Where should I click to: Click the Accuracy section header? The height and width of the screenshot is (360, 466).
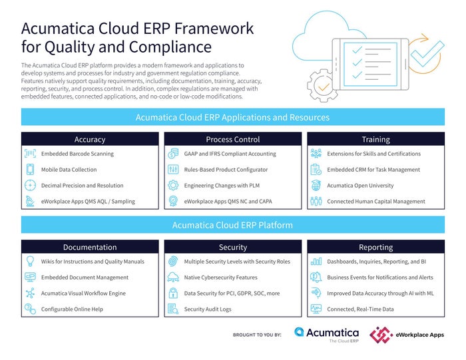click(90, 140)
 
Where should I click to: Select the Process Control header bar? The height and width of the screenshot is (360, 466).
click(233, 140)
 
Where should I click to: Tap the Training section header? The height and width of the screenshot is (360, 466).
click(375, 140)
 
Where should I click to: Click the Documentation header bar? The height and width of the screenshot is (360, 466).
click(90, 247)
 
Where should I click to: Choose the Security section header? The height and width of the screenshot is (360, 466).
click(233, 247)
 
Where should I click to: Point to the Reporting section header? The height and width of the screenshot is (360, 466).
click(375, 247)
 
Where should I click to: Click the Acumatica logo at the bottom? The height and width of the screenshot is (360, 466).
click(326, 334)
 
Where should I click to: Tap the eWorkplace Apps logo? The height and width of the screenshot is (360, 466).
click(407, 334)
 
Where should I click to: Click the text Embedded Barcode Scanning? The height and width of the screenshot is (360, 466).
click(77, 154)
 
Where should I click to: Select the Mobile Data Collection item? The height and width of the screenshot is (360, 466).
click(69, 170)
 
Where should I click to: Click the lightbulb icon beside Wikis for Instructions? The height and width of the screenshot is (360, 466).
click(30, 262)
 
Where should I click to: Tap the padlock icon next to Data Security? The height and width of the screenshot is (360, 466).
click(172, 293)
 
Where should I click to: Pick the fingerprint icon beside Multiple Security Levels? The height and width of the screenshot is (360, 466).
click(172, 262)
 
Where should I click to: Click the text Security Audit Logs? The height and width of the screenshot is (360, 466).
click(208, 309)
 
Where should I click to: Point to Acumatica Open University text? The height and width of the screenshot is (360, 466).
click(360, 186)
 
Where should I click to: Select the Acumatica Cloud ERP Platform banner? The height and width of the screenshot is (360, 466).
click(232, 225)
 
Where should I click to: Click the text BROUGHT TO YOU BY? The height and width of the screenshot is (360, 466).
click(257, 335)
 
